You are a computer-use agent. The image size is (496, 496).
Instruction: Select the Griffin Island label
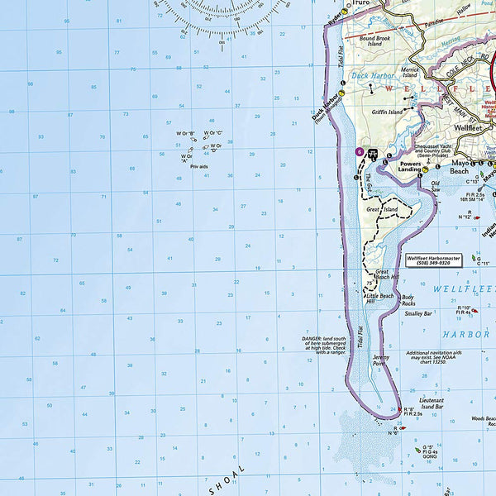click(388, 112)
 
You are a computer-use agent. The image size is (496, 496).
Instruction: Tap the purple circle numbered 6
click(358, 152)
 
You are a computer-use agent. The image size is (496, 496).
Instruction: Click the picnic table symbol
click(372, 153)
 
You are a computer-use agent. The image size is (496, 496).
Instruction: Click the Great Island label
click(381, 209)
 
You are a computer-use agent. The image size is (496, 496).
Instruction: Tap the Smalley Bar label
click(418, 313)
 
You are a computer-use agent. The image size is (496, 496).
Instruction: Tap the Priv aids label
click(199, 167)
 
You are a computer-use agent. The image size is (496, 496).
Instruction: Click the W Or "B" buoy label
click(187, 133)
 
